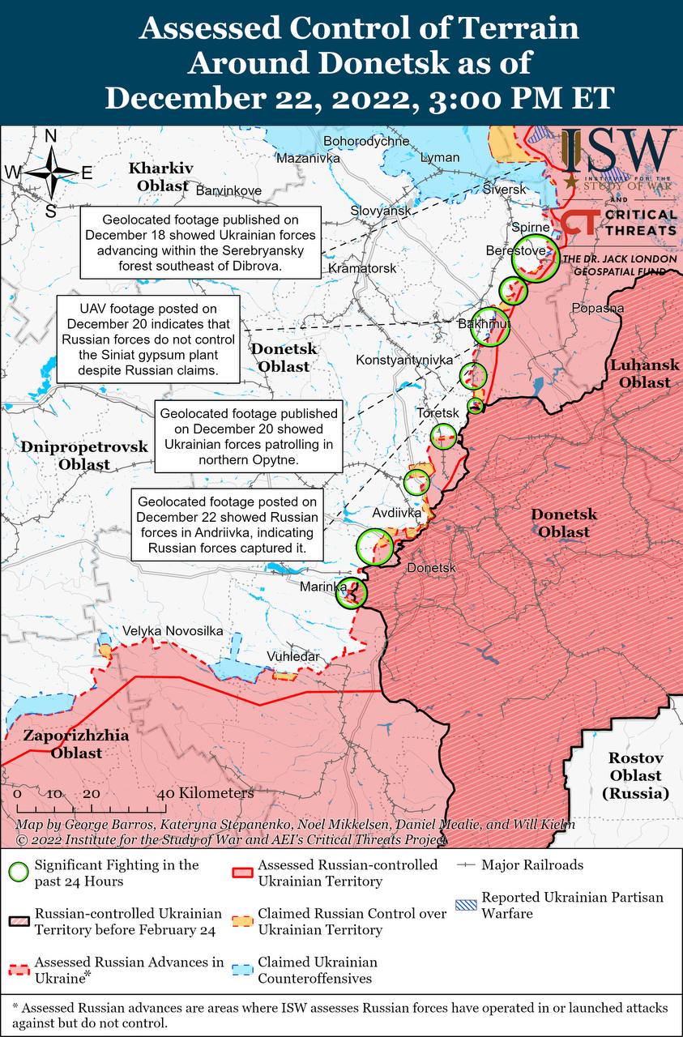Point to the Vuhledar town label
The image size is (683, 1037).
292,656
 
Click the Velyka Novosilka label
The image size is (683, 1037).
173,631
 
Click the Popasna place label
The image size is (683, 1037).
597,308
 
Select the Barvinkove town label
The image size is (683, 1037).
229,190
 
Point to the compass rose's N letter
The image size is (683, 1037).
50,136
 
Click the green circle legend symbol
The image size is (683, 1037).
18,873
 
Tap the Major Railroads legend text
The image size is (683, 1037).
531,865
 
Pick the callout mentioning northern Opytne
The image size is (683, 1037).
248,437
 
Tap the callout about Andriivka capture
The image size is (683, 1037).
227,526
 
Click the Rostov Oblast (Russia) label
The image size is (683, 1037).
636,775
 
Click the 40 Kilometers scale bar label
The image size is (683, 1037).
206,793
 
